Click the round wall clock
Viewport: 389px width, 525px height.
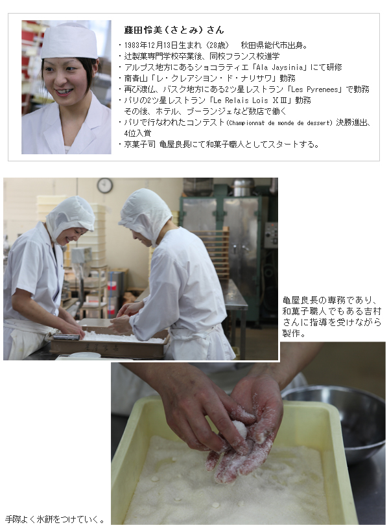[x=105, y=185]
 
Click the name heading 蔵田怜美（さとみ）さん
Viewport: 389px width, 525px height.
[x=174, y=30]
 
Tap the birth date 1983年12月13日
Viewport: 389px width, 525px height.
[x=152, y=45]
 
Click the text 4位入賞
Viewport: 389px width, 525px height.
[x=137, y=134]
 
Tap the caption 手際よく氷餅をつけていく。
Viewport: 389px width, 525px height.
[x=54, y=519]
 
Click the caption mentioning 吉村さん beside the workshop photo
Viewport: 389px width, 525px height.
[x=332, y=316]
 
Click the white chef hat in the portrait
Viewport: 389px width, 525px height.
[x=69, y=41]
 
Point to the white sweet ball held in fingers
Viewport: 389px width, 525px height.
[x=241, y=429]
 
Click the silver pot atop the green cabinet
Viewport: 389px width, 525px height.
[x=243, y=187]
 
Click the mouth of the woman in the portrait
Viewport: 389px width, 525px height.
[x=64, y=91]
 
